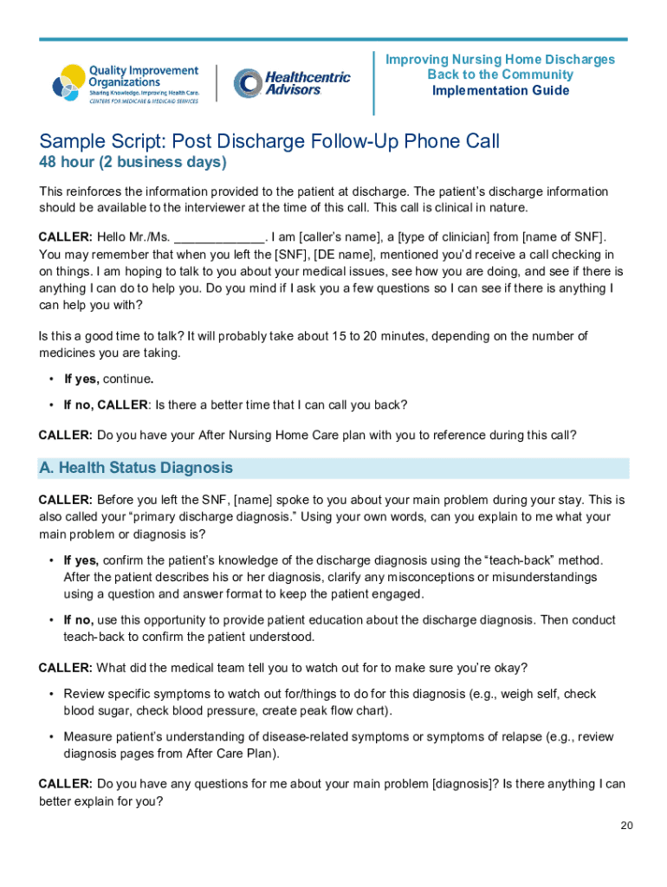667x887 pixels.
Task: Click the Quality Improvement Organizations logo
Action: pos(126,84)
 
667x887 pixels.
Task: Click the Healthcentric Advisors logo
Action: pos(292,84)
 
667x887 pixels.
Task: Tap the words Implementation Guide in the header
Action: pos(501,91)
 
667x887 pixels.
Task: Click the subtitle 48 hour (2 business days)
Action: pos(133,163)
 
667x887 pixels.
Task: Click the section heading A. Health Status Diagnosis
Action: pos(136,468)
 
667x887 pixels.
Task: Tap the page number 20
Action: pos(626,825)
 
